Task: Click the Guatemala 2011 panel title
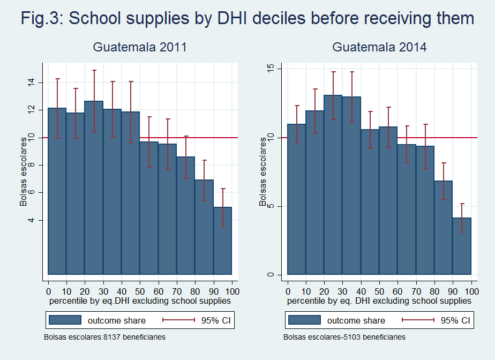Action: (139, 47)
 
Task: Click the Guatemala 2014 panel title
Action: (379, 47)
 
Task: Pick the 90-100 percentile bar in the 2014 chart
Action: (462, 246)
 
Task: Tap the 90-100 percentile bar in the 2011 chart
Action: (222, 241)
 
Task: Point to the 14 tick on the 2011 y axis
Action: (32, 82)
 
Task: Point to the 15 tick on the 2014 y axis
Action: (271, 69)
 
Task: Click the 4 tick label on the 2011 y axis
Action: (32, 220)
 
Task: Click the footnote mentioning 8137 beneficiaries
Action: (104, 337)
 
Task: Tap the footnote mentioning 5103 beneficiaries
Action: (344, 337)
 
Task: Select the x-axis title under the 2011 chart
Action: (140, 301)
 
